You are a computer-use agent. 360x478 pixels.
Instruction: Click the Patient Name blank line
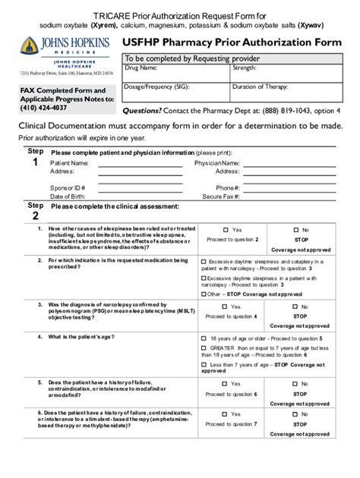click(140, 163)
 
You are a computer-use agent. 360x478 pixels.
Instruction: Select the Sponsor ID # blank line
click(140, 187)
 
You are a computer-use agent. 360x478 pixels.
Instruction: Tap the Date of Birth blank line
click(140, 196)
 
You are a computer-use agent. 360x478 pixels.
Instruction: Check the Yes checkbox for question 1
click(226, 230)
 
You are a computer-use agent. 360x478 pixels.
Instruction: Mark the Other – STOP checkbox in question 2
click(204, 294)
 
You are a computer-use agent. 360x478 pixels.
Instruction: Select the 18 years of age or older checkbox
click(204, 338)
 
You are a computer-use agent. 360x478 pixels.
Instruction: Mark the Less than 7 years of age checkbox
click(204, 364)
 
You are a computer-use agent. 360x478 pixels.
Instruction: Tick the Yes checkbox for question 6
click(226, 414)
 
